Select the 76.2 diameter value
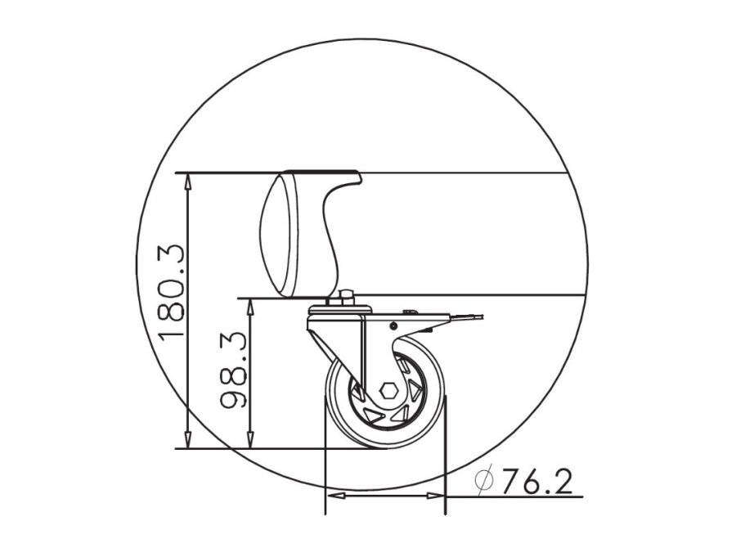point(536,482)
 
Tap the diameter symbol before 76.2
point(484,482)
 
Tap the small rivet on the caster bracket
point(393,325)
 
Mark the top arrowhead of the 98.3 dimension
point(252,305)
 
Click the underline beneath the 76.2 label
point(532,496)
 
